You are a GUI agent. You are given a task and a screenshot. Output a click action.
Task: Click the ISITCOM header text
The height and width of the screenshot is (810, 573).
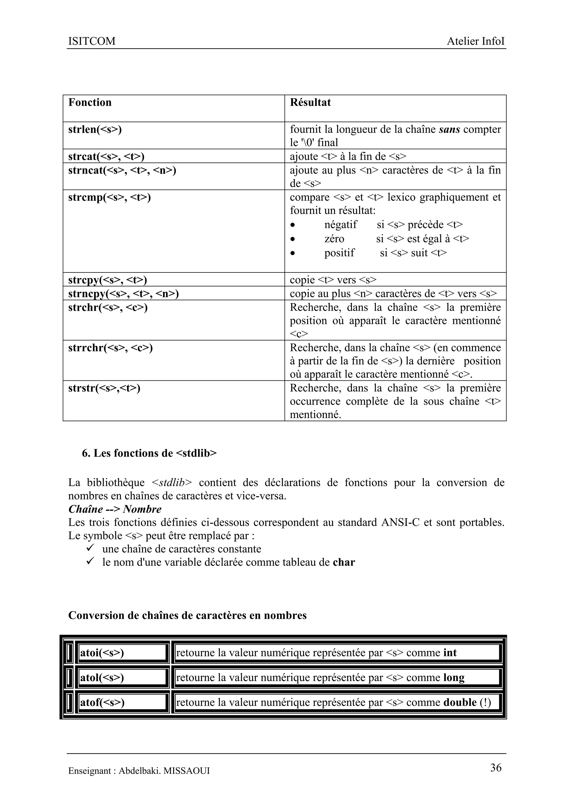[x=92, y=41]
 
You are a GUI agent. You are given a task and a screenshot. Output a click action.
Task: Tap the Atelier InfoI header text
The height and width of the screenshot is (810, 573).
[x=475, y=41]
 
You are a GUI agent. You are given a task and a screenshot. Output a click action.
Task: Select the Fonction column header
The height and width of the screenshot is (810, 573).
[x=90, y=102]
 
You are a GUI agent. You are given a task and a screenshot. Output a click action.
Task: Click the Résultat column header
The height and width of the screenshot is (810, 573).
[x=310, y=102]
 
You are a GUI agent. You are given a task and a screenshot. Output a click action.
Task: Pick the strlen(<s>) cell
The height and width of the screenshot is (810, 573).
[x=95, y=129]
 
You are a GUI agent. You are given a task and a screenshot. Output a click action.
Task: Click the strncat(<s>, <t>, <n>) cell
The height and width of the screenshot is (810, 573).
[x=122, y=170]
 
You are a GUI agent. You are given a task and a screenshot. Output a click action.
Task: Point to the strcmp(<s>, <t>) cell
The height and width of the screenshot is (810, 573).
[x=109, y=197]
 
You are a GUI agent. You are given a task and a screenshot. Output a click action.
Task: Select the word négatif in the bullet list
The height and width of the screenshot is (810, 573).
[x=340, y=224]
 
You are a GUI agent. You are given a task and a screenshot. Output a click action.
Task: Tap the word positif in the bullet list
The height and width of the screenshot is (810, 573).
[x=339, y=253]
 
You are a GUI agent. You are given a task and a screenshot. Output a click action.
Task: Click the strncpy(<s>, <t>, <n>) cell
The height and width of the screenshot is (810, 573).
[x=123, y=293]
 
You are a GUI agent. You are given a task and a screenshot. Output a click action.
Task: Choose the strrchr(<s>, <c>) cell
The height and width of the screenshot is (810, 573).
[x=111, y=348]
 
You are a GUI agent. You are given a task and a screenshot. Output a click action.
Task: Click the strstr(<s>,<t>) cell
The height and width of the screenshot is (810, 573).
[x=104, y=388]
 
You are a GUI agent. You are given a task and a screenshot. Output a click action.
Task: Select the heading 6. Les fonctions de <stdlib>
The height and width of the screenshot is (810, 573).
[x=149, y=453]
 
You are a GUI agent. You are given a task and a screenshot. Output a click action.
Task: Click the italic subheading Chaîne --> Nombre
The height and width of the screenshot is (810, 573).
[x=115, y=509]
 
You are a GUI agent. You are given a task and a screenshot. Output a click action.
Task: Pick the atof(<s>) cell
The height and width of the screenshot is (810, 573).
[x=102, y=702]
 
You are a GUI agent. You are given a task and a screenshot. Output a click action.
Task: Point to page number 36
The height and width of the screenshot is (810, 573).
[x=496, y=768]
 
